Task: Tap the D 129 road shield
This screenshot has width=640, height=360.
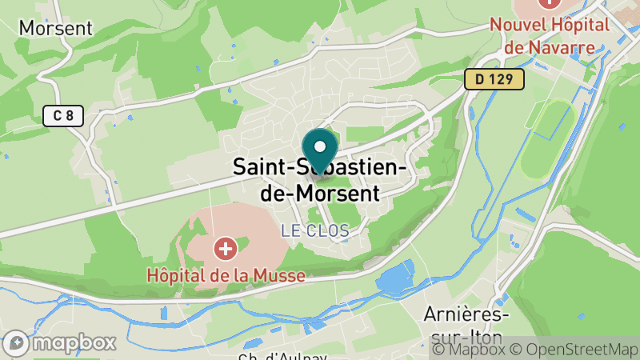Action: tap(494, 79)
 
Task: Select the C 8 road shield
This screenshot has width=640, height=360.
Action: tap(63, 116)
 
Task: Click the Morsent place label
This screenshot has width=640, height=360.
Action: tap(55, 27)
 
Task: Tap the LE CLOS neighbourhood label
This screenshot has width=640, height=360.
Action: tap(314, 230)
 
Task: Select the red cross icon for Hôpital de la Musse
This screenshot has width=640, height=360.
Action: tap(226, 250)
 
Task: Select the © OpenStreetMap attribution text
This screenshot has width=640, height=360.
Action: tap(577, 350)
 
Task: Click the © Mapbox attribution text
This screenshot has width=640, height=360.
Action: tap(472, 350)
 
